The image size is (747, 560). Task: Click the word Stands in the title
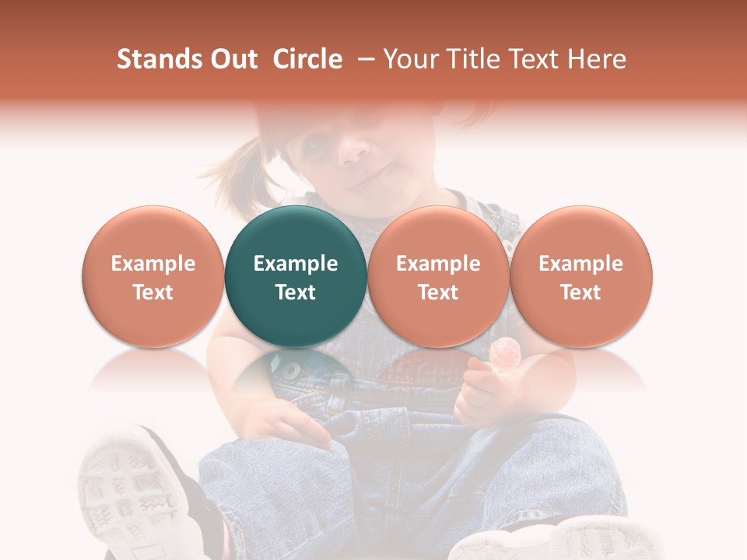(156, 59)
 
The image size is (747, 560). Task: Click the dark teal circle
(296, 276)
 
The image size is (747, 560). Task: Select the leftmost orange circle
(153, 276)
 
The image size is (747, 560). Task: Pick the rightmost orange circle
(580, 276)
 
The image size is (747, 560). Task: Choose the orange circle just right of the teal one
(438, 276)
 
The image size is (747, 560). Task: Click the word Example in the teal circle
(296, 264)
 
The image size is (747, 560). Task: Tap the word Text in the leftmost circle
(153, 292)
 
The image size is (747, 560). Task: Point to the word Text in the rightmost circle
(580, 292)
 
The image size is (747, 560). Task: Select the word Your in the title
(409, 59)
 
